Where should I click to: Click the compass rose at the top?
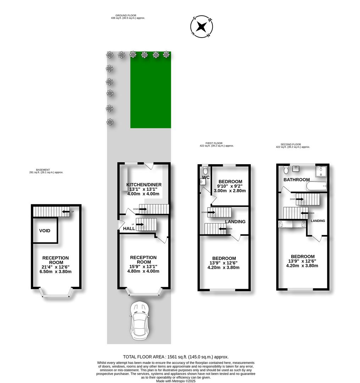point(201,26)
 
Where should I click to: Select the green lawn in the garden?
point(151,90)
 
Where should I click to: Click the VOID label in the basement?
point(45,231)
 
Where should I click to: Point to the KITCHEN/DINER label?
point(144,185)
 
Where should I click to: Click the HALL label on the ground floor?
point(129,229)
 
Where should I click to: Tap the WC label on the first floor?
point(206,177)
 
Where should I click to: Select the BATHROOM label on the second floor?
point(297,180)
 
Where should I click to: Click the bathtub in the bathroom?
point(316,185)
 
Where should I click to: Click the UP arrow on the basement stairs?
point(65,212)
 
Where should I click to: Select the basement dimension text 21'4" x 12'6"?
point(55,267)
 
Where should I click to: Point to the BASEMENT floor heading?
point(43,170)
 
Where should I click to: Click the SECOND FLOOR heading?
point(290,145)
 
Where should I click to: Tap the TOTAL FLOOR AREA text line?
point(176,357)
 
